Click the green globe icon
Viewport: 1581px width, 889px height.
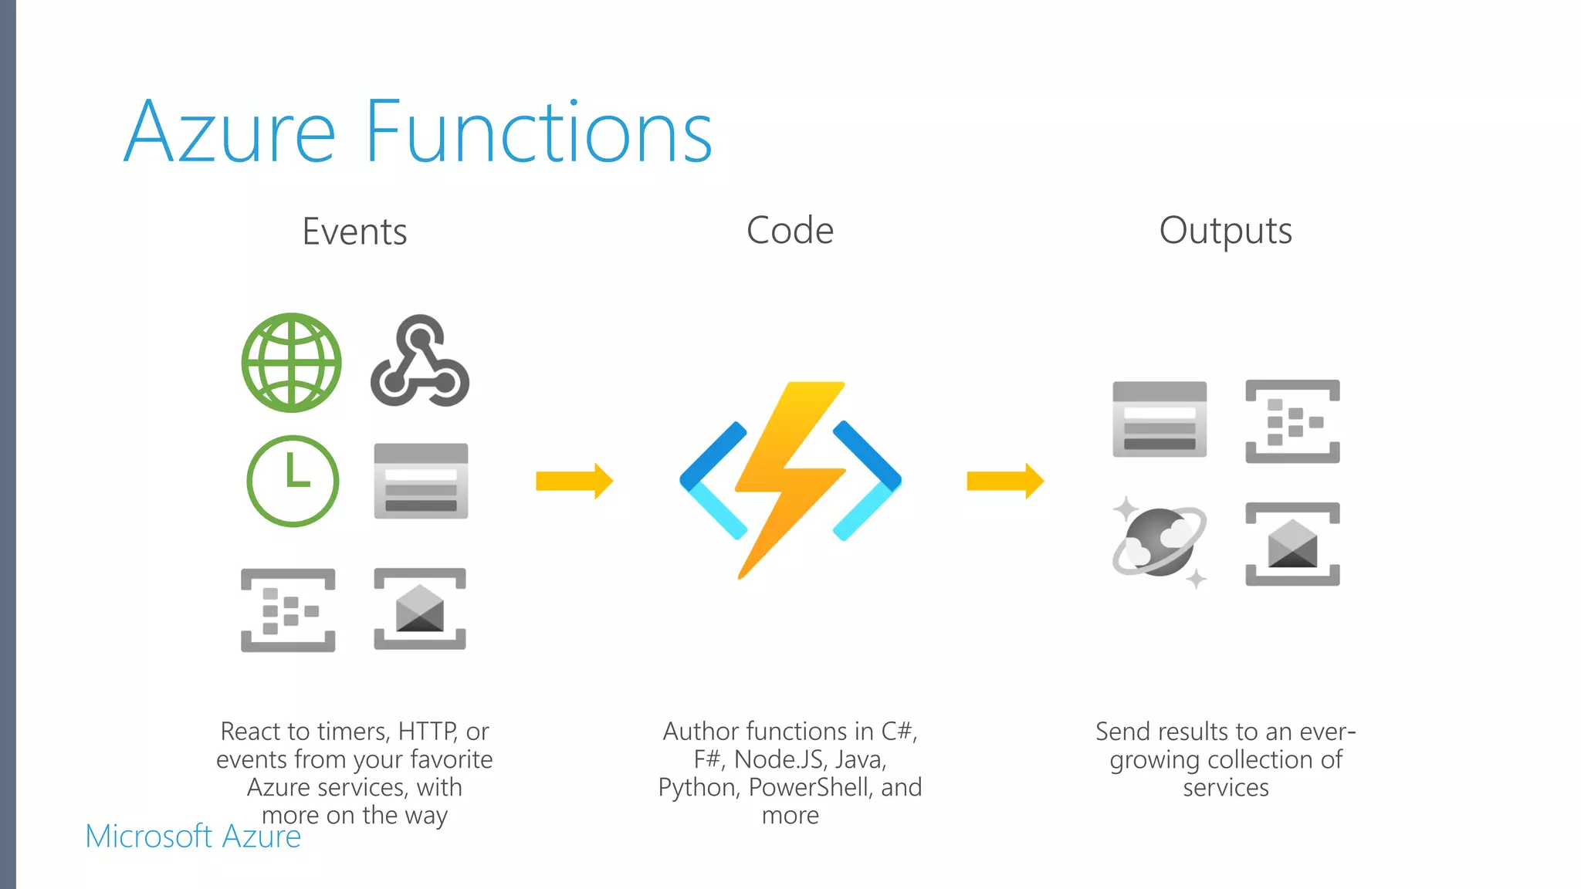[x=291, y=362]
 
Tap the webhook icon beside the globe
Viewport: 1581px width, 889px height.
[x=420, y=362]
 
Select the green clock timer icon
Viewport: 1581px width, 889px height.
[x=293, y=481]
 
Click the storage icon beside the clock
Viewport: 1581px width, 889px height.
[x=421, y=481]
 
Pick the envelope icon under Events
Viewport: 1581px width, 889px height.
[x=420, y=609]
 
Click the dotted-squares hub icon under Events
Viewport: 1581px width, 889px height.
[x=288, y=610]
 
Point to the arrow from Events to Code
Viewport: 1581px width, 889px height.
[x=574, y=481]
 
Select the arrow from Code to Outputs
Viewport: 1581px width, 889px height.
[x=1004, y=481]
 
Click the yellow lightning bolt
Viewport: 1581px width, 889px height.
[x=790, y=478]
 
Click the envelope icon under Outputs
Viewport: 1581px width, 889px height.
[x=1292, y=544]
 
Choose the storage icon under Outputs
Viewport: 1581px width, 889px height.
[x=1160, y=419]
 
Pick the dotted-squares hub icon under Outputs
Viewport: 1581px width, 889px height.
[x=1292, y=421]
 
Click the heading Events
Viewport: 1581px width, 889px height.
[x=354, y=232]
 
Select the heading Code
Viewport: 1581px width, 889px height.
[x=790, y=231]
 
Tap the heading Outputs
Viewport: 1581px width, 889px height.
[x=1225, y=231]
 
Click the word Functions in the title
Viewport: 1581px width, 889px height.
[x=538, y=133]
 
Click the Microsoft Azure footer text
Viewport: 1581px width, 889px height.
[x=193, y=837]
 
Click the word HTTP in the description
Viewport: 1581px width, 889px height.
[x=428, y=731]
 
